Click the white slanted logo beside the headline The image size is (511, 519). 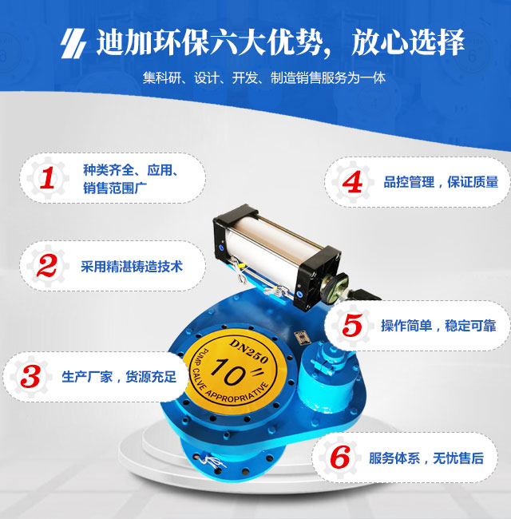coord(73,44)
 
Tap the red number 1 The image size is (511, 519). coord(47,178)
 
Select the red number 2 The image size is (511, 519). coord(46,266)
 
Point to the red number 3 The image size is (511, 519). coord(30,377)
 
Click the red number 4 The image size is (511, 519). coord(352,182)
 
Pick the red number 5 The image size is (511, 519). coord(352,326)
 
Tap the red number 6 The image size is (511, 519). coord(340,458)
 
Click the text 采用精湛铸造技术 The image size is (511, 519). coord(132,267)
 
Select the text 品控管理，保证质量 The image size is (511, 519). coord(441,182)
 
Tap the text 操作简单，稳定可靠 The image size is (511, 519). coord(438,326)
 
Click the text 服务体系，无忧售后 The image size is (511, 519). coord(426,458)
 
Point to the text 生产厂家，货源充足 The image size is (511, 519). coord(119,377)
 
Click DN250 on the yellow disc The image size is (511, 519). coord(249,351)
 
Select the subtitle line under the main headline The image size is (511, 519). coord(264,78)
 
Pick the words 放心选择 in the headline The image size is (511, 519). coord(408,42)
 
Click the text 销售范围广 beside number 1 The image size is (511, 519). coord(115,188)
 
